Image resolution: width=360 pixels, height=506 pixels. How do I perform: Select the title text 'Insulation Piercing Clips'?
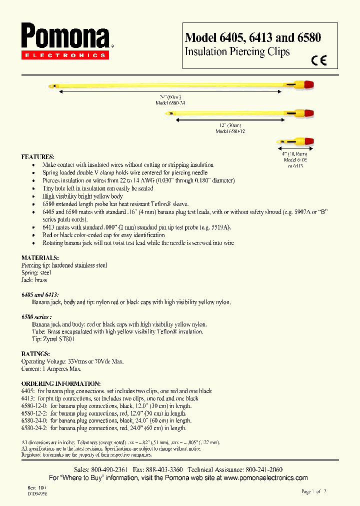(237, 51)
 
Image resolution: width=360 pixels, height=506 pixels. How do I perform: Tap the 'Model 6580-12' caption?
(230, 131)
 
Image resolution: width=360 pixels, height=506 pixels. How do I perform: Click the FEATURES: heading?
(38, 156)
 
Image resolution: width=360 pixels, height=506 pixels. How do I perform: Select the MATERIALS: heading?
(40, 257)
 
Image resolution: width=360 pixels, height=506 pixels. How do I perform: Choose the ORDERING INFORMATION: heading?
(61, 383)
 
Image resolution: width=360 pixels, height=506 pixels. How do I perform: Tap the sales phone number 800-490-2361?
(109, 470)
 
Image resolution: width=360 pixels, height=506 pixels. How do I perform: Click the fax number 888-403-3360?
(163, 470)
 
